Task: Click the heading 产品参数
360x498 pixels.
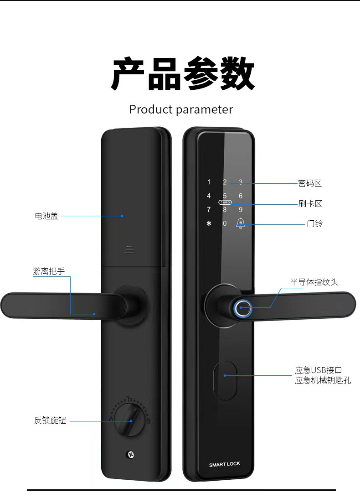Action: coord(183,73)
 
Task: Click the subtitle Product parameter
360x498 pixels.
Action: coord(181,109)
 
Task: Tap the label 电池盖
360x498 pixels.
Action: coord(46,216)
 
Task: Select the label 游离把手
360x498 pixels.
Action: coord(49,271)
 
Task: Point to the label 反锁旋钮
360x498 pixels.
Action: coord(50,420)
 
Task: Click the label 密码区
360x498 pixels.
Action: coord(310,183)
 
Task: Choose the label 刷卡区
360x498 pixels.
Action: coord(310,203)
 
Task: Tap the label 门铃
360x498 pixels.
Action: coord(314,223)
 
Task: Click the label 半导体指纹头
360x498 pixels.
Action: coord(314,282)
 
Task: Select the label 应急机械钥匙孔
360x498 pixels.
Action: coord(323,380)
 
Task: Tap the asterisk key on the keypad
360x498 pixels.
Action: coord(209,223)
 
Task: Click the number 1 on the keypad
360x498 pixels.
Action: coord(209,182)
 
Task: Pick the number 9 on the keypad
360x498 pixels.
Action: coord(241,210)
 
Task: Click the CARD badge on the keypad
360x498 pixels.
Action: coord(225,202)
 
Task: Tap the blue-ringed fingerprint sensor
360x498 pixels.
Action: coord(243,308)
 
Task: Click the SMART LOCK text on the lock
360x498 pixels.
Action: coord(225,464)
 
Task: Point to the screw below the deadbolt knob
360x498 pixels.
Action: coord(130,455)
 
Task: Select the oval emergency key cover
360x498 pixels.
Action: coord(225,380)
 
